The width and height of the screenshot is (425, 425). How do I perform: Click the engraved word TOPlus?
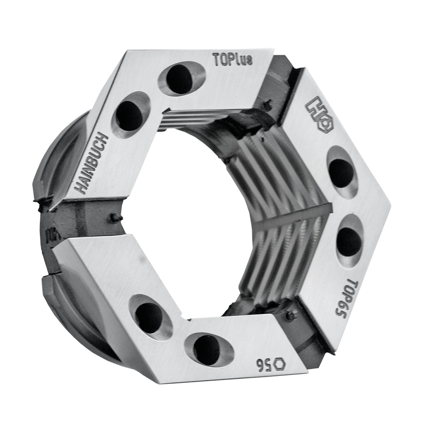coord(232,59)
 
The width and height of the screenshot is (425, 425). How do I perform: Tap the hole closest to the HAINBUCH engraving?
coord(130,115)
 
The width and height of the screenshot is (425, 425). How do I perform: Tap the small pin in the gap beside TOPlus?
coord(267,103)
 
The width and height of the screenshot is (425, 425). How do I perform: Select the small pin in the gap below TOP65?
coord(291,315)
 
